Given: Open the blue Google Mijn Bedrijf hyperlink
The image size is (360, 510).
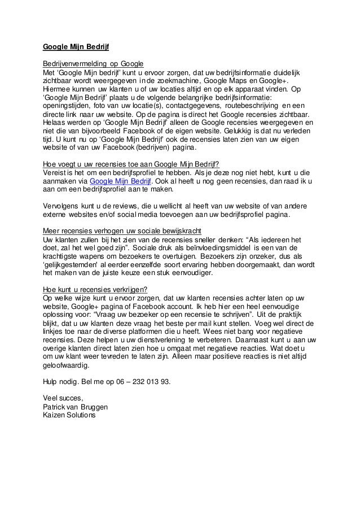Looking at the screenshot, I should [x=122, y=182].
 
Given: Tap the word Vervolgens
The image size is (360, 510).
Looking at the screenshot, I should [x=63, y=207].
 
